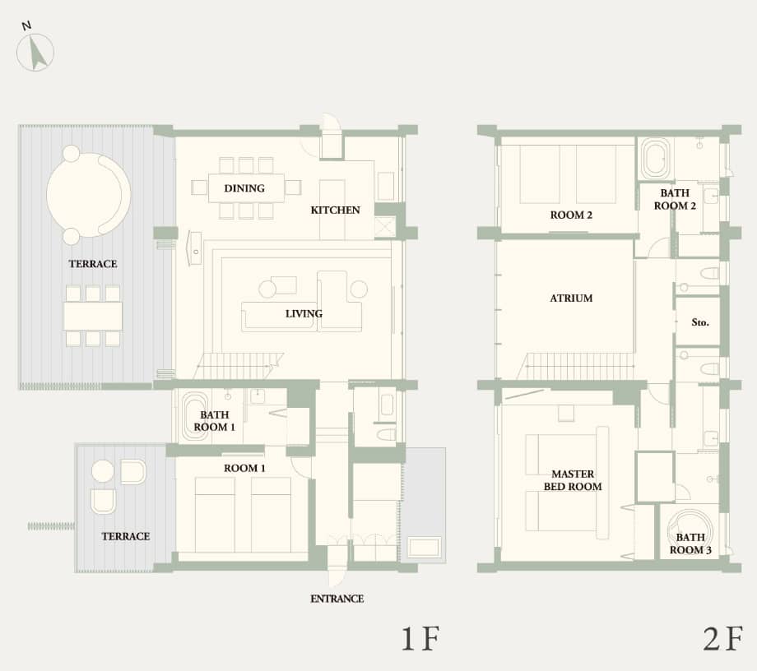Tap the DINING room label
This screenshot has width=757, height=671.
[x=244, y=188]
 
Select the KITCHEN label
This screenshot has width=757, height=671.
[x=335, y=210]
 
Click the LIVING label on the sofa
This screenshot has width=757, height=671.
[x=304, y=313]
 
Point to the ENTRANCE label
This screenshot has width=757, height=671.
[x=337, y=599]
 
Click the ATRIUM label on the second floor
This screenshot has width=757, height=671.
[x=571, y=298]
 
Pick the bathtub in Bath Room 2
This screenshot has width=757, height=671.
[x=655, y=158]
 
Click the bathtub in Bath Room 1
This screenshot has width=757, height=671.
[x=195, y=417]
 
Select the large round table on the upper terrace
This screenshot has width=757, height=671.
[x=87, y=195]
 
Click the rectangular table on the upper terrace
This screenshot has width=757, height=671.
[x=93, y=316]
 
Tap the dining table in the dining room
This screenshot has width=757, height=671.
[x=246, y=188]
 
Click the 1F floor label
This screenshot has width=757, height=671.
[x=422, y=639]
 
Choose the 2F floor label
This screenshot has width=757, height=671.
[x=722, y=639]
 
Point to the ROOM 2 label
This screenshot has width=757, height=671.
[x=572, y=215]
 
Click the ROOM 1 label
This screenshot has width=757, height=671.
[x=244, y=468]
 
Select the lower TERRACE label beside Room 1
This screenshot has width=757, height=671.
[x=126, y=536]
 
